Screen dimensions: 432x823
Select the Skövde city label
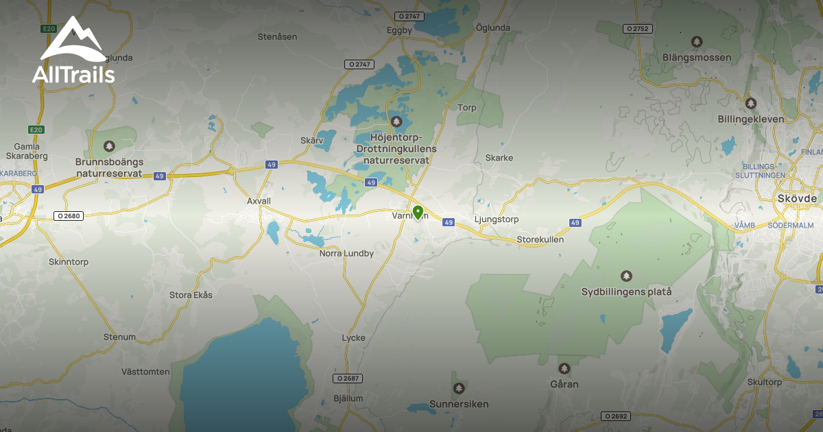(798, 198)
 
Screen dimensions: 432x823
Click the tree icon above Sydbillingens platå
(625, 276)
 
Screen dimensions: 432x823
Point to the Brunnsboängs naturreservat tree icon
(109, 146)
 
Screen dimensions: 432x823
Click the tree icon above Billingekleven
(750, 104)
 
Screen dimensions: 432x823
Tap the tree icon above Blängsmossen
(697, 43)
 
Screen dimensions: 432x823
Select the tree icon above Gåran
(564, 369)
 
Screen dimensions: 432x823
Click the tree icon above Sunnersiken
(459, 389)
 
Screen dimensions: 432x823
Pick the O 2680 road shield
(69, 216)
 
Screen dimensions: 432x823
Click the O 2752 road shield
(637, 29)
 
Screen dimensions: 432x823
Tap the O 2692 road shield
(615, 416)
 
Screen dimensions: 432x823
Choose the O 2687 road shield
(348, 379)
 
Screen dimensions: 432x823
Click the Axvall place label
(259, 202)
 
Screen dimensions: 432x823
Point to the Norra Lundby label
(346, 253)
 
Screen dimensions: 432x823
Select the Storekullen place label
(540, 240)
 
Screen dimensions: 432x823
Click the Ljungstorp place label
(497, 219)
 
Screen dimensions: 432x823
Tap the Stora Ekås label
(191, 295)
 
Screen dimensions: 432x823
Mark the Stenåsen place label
(277, 36)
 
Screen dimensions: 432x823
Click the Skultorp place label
(765, 382)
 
